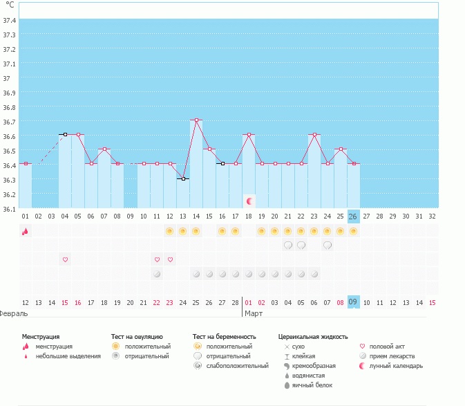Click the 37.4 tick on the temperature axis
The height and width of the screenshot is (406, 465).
[10, 20]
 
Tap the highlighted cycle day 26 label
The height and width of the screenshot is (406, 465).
[353, 216]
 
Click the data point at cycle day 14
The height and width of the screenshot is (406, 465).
[196, 120]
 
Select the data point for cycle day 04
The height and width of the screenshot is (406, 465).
[65, 134]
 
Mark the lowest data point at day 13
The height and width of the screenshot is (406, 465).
[183, 178]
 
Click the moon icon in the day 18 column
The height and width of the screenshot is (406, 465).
[249, 201]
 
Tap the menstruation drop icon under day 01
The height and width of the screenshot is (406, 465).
[25, 232]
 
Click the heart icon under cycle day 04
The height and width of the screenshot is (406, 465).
[65, 259]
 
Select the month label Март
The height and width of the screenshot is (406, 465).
[254, 313]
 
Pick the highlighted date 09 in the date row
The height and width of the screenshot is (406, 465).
[352, 302]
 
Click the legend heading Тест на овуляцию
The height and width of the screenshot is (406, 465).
[137, 336]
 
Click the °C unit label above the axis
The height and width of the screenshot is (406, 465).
[10, 5]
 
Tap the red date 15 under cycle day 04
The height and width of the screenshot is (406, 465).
[65, 302]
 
